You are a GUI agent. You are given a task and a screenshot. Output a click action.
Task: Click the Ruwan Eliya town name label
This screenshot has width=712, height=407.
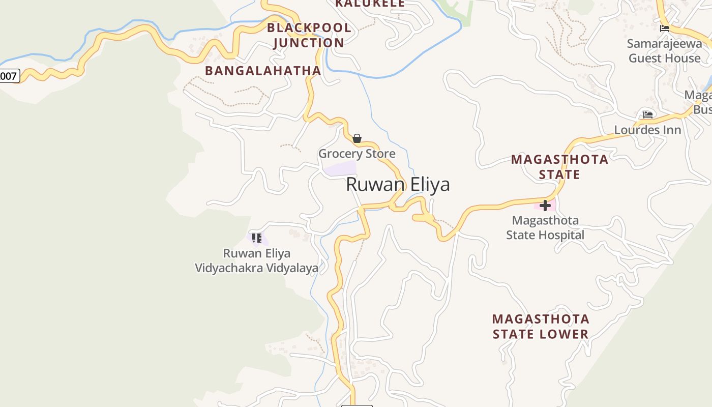[398, 184]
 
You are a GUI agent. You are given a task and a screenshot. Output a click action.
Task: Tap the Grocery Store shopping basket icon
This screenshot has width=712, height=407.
[357, 138]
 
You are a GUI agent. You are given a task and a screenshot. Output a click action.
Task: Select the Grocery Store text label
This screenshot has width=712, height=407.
[357, 153]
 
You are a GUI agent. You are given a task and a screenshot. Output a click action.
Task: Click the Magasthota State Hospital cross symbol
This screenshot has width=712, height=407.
[545, 206]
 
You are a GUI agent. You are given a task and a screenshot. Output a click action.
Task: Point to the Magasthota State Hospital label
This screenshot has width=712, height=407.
[545, 227]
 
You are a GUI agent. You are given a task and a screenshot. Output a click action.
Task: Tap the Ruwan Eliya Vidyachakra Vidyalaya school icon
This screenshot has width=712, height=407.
[257, 238]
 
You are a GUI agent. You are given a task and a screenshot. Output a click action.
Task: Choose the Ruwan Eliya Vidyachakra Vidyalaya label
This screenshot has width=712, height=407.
[257, 260]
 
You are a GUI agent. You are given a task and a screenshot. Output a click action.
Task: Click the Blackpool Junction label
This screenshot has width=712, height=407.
[309, 35]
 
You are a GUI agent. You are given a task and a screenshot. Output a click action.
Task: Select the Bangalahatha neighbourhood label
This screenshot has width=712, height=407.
[262, 71]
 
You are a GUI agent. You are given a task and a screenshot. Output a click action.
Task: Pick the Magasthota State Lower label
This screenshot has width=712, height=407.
[541, 327]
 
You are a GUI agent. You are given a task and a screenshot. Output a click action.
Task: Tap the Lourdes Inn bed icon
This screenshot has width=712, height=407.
[647, 115]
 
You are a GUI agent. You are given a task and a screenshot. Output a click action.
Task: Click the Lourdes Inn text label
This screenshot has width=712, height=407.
[647, 130]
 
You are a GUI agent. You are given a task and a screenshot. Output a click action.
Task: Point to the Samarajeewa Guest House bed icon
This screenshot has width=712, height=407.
[664, 28]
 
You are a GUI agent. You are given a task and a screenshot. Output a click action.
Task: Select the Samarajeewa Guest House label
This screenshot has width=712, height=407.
[664, 51]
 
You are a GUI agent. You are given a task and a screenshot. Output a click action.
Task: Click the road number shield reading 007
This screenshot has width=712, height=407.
[9, 76]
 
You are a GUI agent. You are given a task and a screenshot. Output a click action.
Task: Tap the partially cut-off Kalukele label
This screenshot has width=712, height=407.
[370, 4]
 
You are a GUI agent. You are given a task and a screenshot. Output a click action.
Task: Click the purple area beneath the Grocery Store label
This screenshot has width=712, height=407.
[340, 168]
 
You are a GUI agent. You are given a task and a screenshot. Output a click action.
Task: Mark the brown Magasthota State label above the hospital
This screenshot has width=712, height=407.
[559, 167]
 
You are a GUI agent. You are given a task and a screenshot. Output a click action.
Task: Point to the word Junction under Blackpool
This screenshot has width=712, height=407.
[309, 43]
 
